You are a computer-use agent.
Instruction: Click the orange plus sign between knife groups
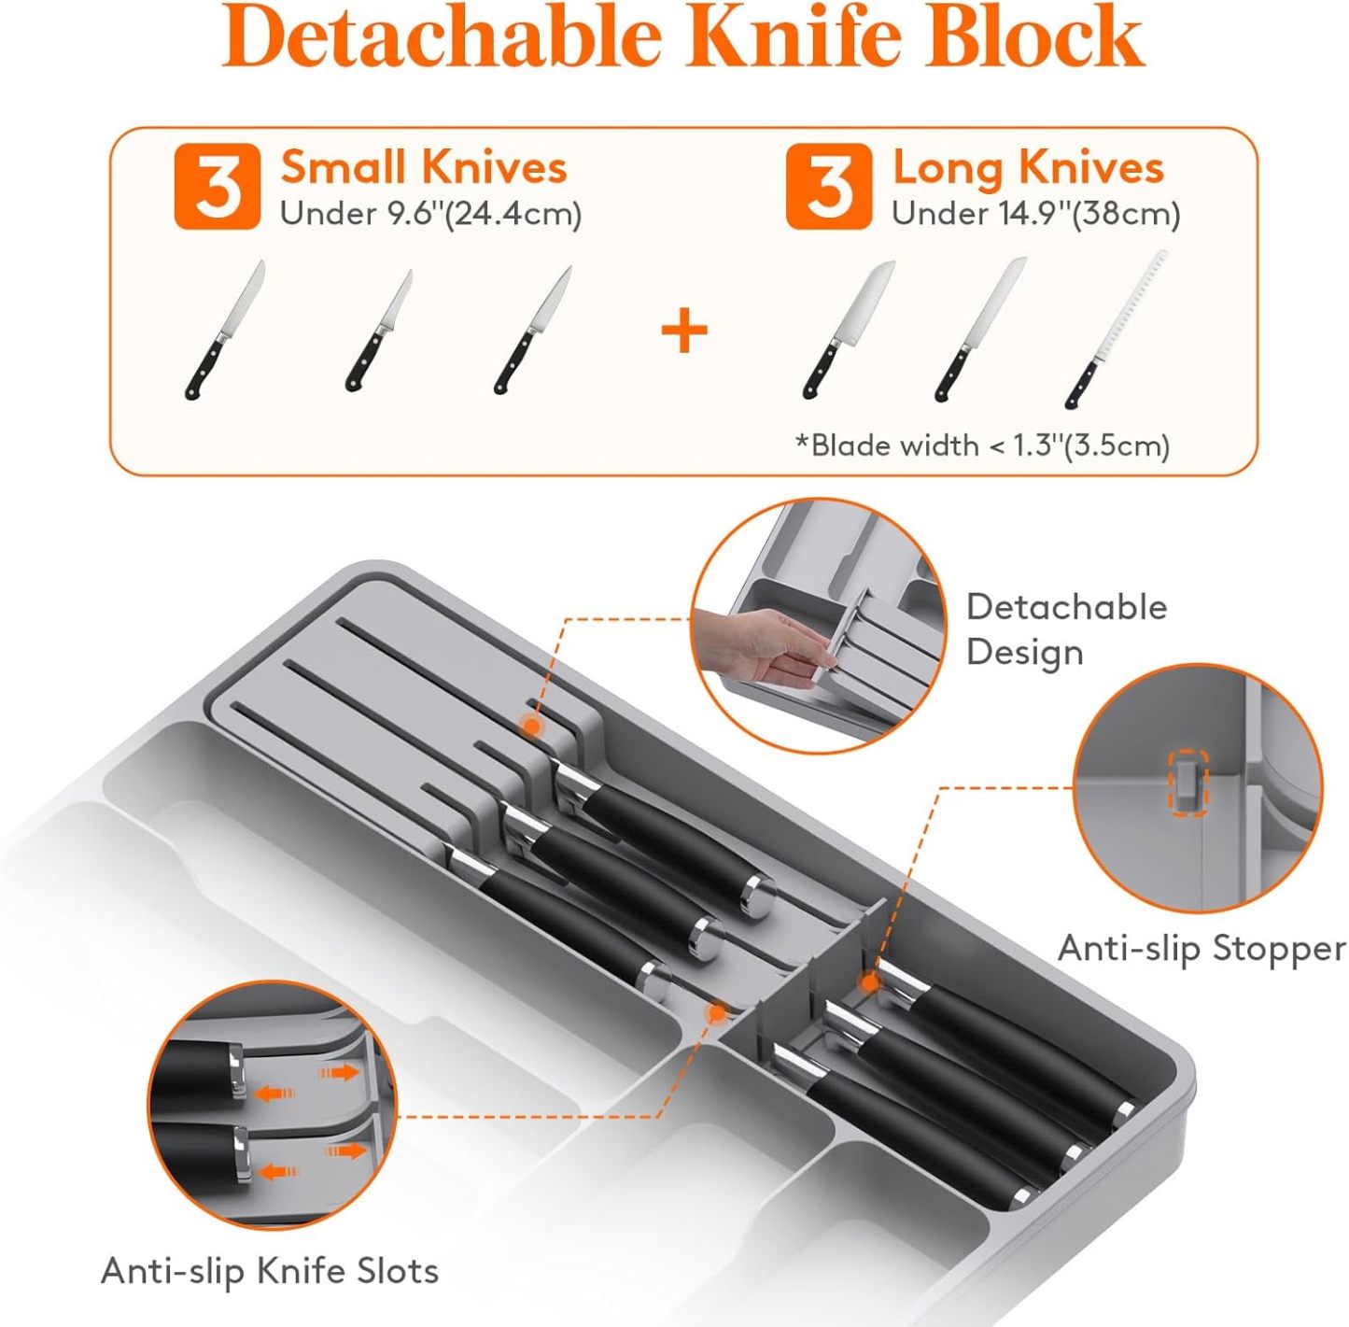pos(684,332)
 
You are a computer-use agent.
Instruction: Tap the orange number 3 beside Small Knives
pos(218,187)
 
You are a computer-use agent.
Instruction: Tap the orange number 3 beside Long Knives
pos(829,187)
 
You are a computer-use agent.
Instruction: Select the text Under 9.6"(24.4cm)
pos(430,214)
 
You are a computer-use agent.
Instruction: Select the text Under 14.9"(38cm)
pos(1035,214)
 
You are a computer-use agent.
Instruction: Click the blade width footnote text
pos(982,445)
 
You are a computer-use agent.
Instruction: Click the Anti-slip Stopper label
pos(1201,949)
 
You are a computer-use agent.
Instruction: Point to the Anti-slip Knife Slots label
pos(270,1271)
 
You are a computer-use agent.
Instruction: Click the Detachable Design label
pos(1066,628)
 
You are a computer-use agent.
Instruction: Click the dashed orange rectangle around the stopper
pos(1189,783)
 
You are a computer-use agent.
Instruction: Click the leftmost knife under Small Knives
pos(225,330)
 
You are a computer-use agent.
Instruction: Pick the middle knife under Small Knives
pos(379,332)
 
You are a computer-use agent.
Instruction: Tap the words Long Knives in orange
pos(1028,168)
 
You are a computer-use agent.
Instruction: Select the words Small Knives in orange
pos(424,168)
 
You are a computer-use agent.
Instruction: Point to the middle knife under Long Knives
pos(980,330)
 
